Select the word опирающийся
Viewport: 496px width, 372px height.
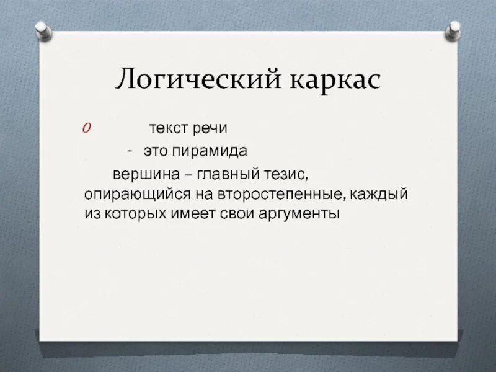point(133,193)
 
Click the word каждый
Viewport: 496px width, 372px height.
point(379,193)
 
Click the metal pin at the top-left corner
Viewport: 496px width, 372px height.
point(42,27)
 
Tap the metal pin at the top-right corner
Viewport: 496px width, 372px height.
point(454,28)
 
